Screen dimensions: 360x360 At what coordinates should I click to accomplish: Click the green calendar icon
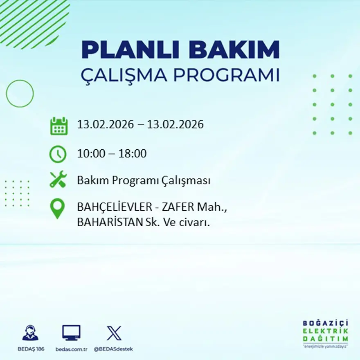pyautogui.click(x=59, y=126)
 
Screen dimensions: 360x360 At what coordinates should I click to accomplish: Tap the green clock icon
pyautogui.click(x=58, y=154)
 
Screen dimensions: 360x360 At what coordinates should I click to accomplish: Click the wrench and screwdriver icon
pyautogui.click(x=58, y=180)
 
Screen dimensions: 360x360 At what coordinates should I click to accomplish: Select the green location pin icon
pyautogui.click(x=57, y=208)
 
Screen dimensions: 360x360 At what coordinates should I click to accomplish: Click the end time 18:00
pyautogui.click(x=133, y=154)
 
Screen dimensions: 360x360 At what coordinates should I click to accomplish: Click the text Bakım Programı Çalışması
pyautogui.click(x=144, y=180)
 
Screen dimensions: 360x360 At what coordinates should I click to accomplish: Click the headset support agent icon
pyautogui.click(x=30, y=333)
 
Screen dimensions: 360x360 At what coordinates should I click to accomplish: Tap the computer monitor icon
pyautogui.click(x=71, y=333)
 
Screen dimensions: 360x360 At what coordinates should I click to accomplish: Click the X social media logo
pyautogui.click(x=114, y=333)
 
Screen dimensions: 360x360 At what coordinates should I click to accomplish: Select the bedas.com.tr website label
pyautogui.click(x=72, y=349)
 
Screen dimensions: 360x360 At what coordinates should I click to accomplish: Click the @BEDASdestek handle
pyautogui.click(x=113, y=349)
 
